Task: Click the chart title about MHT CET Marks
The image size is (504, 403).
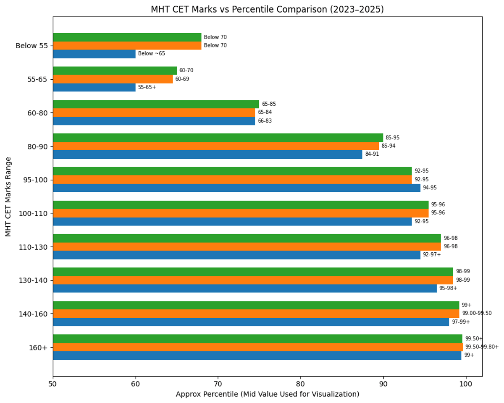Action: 267,9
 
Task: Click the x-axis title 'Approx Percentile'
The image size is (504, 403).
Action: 267,394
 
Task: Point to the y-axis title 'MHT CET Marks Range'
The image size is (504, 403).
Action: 8,196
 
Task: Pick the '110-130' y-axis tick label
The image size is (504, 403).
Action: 36,247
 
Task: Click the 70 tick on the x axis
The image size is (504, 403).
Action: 218,383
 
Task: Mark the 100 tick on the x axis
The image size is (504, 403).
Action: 465,383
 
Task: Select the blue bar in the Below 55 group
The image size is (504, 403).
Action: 94,54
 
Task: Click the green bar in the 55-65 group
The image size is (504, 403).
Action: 115,71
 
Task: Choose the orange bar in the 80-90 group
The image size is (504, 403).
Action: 216,146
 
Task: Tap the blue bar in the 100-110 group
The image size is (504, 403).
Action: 232,222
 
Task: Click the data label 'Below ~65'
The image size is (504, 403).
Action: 152,54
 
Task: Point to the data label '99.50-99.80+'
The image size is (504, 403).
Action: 482,347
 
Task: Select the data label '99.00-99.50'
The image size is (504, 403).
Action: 477,313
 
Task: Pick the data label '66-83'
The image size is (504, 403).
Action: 265,121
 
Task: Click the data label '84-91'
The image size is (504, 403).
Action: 372,154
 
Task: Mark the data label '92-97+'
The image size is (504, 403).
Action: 432,254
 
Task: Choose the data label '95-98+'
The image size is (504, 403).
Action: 448,288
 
